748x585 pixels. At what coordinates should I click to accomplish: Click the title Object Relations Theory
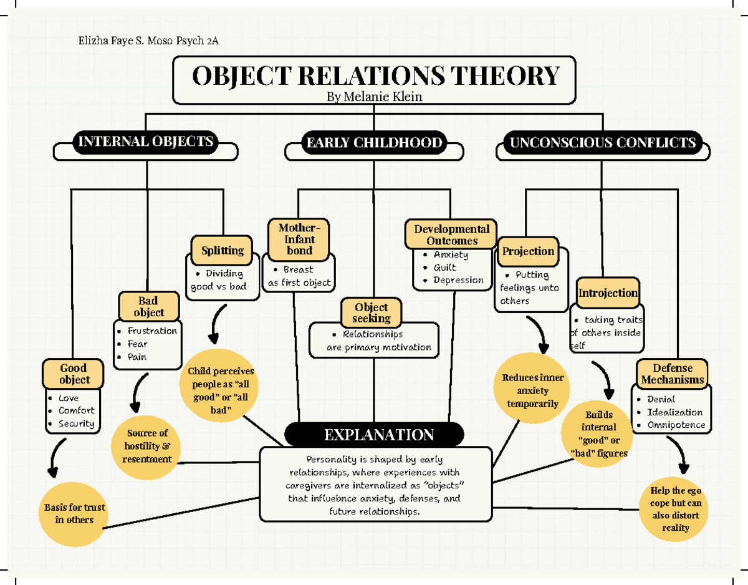pos(376,76)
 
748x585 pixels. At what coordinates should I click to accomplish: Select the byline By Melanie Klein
pos(374,97)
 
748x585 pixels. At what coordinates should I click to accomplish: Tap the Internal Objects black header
pos(145,142)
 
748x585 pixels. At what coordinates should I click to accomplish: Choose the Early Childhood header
pos(374,143)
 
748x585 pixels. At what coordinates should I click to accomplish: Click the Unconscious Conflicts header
pos(602,143)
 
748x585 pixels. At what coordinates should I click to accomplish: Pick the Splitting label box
pos(223,251)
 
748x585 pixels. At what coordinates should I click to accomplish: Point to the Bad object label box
pos(148,306)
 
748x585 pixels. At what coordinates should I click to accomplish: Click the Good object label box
pos(74,374)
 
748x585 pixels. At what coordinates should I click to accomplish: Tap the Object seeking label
pos(371,312)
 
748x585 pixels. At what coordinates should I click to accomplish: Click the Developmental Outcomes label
pos(452,234)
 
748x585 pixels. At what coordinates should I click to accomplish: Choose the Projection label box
pos(528,251)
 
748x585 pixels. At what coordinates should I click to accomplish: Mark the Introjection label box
pos(608,292)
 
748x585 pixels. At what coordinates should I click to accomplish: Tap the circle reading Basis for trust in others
pos(74,513)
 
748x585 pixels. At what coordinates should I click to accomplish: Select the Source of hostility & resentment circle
pos(147,445)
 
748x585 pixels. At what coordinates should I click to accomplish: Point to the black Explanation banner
pos(374,435)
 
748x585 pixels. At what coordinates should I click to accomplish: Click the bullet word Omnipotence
pos(676,425)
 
